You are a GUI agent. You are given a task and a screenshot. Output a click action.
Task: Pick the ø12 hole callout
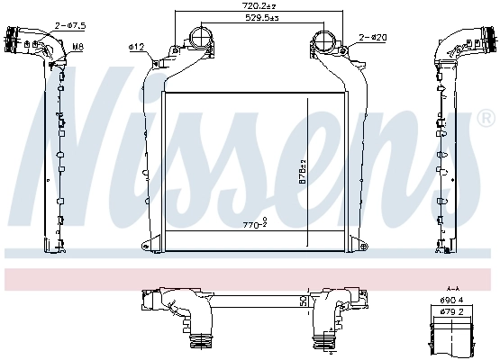click(137, 46)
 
